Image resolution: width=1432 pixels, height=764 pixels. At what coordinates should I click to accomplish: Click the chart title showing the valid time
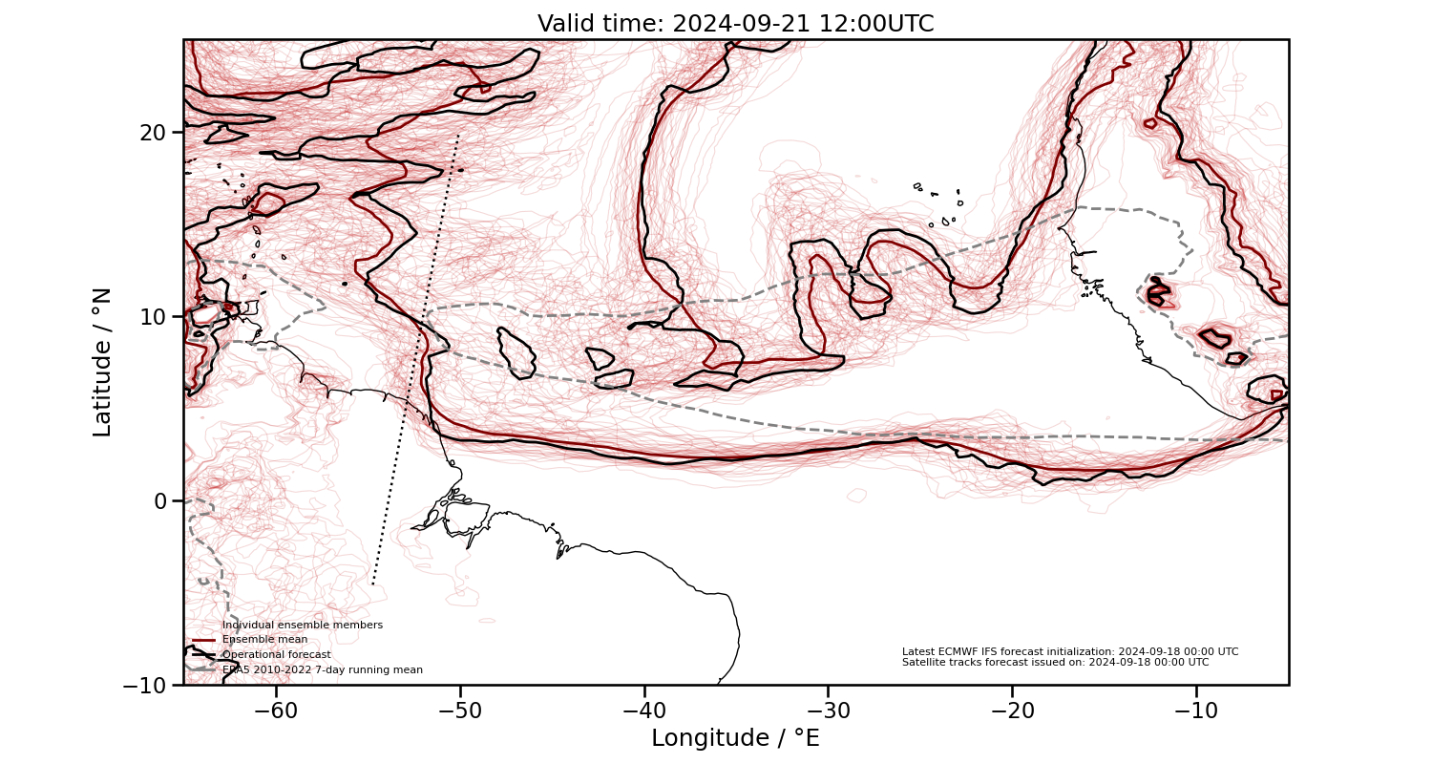coord(735,24)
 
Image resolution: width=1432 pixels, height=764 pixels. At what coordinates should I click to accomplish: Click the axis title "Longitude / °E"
coord(735,738)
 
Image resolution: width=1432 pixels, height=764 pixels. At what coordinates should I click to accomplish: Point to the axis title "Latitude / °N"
coord(102,362)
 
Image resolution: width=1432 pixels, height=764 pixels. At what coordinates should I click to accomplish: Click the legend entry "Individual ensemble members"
coord(302,625)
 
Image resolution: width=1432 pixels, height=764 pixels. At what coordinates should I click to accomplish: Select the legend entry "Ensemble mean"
coord(264,640)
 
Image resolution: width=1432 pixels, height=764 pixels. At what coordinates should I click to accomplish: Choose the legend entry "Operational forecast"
coord(276,654)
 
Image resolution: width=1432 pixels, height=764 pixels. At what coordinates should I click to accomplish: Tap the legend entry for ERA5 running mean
coord(322,669)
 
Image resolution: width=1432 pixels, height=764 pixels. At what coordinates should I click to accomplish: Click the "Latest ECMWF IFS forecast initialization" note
coord(1069,651)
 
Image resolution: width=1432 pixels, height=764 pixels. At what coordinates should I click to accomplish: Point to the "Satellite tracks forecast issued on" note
coord(1055,662)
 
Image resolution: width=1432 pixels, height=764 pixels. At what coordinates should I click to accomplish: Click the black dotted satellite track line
coord(416,363)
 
